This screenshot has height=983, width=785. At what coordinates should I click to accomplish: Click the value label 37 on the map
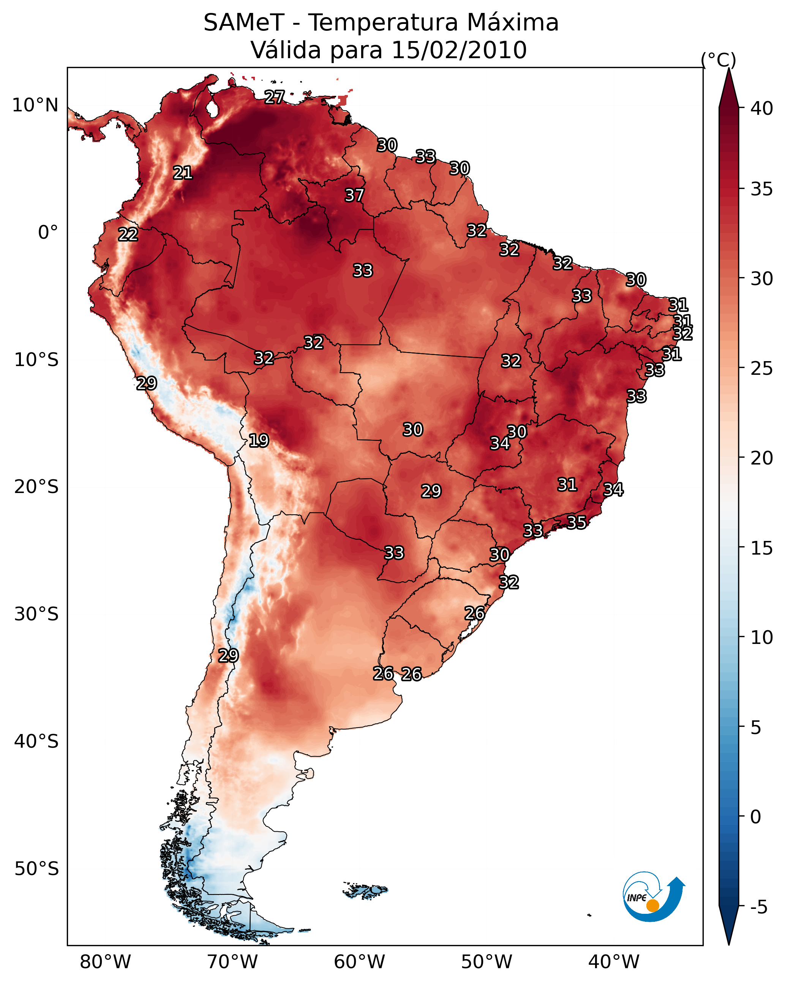pos(354,195)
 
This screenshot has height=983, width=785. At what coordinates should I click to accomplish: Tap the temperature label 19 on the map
pos(258,441)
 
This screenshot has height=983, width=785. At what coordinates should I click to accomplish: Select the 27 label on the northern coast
pos(274,97)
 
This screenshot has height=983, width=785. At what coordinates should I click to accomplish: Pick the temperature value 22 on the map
pos(128,235)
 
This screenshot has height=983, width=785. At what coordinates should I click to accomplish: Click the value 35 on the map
pos(577,522)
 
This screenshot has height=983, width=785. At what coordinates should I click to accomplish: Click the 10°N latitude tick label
pos(35,105)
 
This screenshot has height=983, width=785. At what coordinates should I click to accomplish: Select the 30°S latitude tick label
pos(36,614)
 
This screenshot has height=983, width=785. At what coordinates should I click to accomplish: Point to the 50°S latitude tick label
pos(36,869)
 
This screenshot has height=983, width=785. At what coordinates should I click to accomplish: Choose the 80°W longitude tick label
pos(105,962)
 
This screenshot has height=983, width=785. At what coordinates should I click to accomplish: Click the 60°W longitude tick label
pos(360,962)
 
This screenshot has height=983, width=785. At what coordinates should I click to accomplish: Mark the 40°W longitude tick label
pos(614,962)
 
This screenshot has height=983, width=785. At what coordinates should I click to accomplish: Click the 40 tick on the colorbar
pos(762,108)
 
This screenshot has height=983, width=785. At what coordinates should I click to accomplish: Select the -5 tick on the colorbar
pos(759,907)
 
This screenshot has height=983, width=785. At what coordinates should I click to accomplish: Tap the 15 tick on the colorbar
pos(762,548)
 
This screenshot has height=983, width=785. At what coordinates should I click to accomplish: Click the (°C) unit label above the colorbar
pos(719,60)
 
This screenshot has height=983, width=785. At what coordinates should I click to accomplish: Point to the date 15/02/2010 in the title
pos(459,50)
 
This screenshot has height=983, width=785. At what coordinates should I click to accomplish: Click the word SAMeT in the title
pos(244,22)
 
